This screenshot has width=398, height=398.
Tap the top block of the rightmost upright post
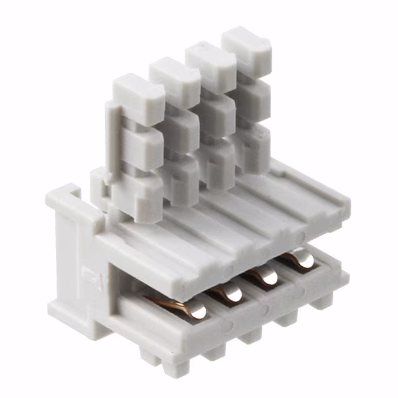(x=247, y=45)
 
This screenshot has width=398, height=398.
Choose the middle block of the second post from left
(x=179, y=127)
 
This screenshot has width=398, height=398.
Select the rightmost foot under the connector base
(x=322, y=302)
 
